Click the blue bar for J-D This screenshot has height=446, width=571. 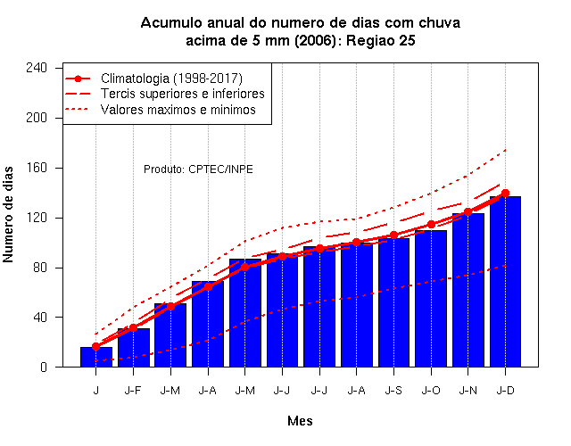click(505, 282)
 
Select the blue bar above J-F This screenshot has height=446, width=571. click(133, 348)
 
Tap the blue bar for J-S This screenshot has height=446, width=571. click(393, 302)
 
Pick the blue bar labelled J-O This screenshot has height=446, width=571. click(431, 299)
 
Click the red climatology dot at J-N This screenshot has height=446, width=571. click(468, 212)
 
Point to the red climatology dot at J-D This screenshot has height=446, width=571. click(505, 193)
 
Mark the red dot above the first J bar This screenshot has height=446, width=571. click(95, 347)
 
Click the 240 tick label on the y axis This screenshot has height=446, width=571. click(37, 68)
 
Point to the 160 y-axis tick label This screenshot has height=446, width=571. click(37, 168)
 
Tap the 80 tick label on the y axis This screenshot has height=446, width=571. click(39, 268)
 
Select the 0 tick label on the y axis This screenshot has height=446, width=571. click(44, 367)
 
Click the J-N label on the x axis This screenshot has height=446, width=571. click(468, 391)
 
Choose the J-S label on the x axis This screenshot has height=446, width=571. click(393, 391)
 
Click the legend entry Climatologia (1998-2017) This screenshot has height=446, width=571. click(171, 78)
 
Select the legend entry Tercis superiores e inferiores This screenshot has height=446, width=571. click(182, 94)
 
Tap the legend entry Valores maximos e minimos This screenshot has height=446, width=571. click(178, 110)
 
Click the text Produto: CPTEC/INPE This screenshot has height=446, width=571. click(198, 169)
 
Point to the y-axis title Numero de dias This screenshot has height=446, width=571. click(8, 215)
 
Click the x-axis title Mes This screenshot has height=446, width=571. click(300, 421)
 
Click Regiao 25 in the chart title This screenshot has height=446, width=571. click(381, 41)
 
